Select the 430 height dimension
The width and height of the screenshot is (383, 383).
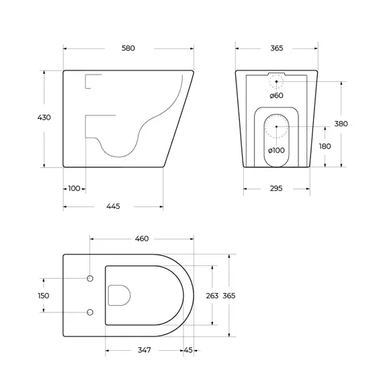click(x=44, y=118)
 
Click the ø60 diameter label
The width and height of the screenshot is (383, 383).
click(x=276, y=96)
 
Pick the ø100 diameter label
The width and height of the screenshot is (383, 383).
click(x=276, y=150)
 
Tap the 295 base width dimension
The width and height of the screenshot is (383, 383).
click(x=276, y=189)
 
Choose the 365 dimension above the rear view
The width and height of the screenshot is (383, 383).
click(x=276, y=48)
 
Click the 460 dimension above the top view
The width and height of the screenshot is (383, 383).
click(x=141, y=239)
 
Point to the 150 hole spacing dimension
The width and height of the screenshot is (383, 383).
click(x=44, y=295)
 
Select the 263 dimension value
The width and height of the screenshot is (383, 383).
click(x=212, y=295)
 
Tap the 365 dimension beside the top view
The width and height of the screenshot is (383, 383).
click(x=230, y=295)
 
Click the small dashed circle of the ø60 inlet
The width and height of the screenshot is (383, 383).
click(x=276, y=82)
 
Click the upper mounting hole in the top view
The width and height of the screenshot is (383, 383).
click(x=89, y=278)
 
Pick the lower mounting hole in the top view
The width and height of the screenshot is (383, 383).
click(x=89, y=312)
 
